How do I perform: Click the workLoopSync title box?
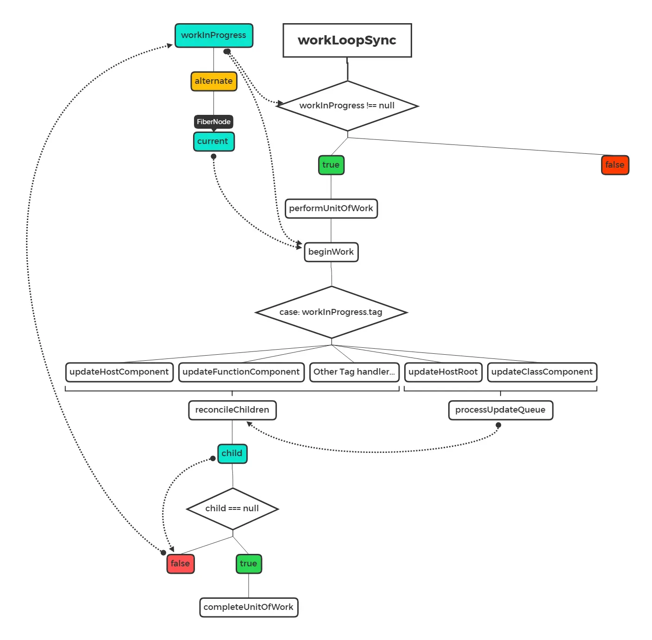347,40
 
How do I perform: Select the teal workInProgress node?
213,35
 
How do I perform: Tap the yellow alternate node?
213,81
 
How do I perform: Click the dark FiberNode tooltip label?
213,122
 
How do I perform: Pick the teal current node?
213,141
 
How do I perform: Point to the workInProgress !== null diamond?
347,106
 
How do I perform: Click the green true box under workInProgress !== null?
331,165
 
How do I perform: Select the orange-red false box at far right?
614,165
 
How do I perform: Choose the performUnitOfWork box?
331,208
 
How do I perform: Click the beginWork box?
331,252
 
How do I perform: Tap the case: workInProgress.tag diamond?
331,312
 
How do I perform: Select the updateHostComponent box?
119,372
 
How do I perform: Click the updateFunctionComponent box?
241,372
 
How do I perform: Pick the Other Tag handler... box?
354,372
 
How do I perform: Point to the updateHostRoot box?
443,372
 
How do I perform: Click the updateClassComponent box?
542,372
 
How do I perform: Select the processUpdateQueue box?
500,410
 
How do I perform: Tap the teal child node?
232,453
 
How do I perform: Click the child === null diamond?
232,508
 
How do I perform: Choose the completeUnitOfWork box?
249,607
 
